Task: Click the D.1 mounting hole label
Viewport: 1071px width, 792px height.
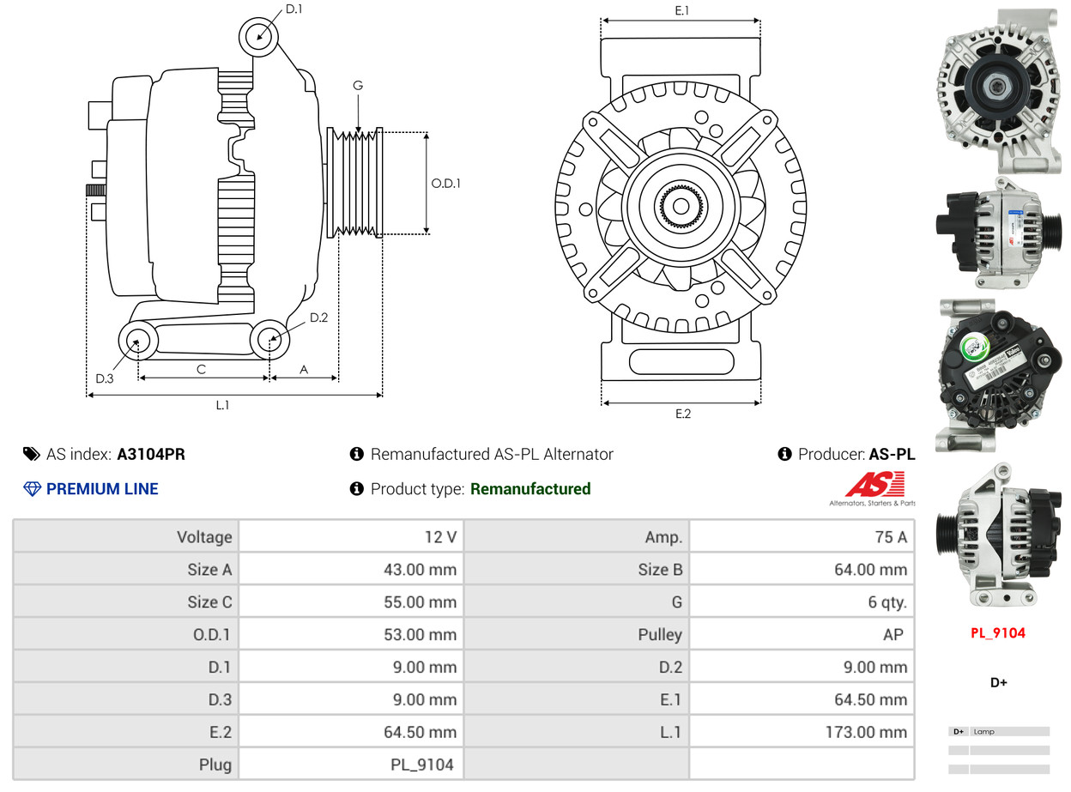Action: (x=293, y=9)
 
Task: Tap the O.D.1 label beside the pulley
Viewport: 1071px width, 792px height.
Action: (x=445, y=183)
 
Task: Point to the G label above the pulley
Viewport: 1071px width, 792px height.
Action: (x=358, y=86)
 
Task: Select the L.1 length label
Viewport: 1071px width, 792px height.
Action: (x=222, y=405)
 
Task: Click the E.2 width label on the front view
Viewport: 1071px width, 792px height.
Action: (x=682, y=414)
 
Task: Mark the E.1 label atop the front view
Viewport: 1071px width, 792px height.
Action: (x=682, y=11)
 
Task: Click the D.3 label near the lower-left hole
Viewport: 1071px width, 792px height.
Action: (x=105, y=378)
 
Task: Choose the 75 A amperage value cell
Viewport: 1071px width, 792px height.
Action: (x=890, y=537)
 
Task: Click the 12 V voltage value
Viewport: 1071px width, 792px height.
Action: (x=440, y=537)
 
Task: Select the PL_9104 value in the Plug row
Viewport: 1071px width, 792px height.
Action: (x=421, y=765)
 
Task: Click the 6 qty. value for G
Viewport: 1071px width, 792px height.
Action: (x=886, y=602)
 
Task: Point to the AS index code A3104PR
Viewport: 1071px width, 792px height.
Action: (x=151, y=455)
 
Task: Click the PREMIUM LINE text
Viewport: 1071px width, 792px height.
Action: (x=102, y=489)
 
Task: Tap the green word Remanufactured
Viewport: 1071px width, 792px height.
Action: (x=530, y=489)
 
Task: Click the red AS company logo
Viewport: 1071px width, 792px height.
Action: (x=874, y=486)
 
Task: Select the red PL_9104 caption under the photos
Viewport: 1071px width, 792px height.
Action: (x=998, y=633)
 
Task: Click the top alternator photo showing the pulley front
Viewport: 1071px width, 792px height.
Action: (x=998, y=88)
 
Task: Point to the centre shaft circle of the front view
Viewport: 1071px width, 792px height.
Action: (x=681, y=206)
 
